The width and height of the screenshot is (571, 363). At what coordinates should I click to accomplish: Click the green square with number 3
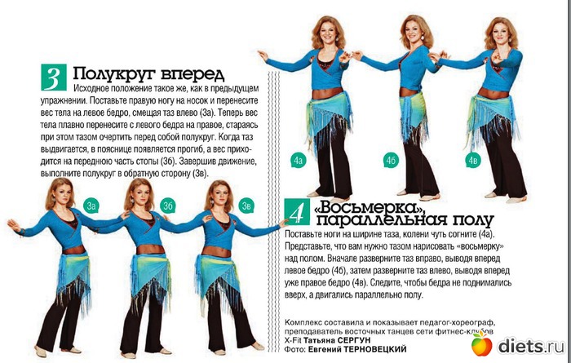click(54, 77)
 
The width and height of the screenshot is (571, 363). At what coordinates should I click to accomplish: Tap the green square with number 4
click(297, 211)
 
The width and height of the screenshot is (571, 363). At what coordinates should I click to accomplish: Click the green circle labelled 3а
click(91, 206)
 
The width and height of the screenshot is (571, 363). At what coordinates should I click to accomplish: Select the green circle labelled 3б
click(168, 206)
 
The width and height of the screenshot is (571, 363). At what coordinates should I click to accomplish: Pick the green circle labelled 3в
click(246, 206)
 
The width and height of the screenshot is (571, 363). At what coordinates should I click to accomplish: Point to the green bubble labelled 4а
click(299, 161)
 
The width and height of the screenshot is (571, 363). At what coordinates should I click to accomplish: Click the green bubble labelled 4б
click(391, 161)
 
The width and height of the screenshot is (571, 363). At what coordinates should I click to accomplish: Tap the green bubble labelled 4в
click(473, 161)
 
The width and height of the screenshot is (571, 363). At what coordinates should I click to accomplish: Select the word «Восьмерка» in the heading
click(369, 208)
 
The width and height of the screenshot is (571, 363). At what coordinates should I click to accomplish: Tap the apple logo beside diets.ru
click(481, 344)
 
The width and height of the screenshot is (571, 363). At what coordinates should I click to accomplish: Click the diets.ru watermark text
click(531, 346)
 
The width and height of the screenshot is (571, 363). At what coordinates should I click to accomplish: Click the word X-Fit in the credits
click(293, 340)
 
